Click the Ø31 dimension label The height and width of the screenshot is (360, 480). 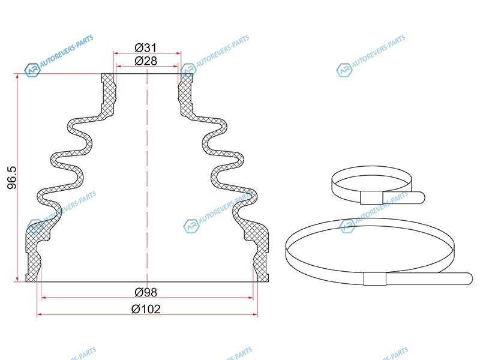[146, 48]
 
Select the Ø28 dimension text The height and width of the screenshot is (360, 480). [146, 61]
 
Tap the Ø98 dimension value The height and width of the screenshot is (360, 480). [146, 292]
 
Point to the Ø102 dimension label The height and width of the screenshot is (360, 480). [146, 309]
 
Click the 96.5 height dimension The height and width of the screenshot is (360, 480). [12, 178]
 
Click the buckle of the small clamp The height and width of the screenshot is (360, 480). [371, 198]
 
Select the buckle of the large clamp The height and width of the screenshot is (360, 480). [375, 278]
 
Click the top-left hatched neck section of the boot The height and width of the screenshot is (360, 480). [108, 95]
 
